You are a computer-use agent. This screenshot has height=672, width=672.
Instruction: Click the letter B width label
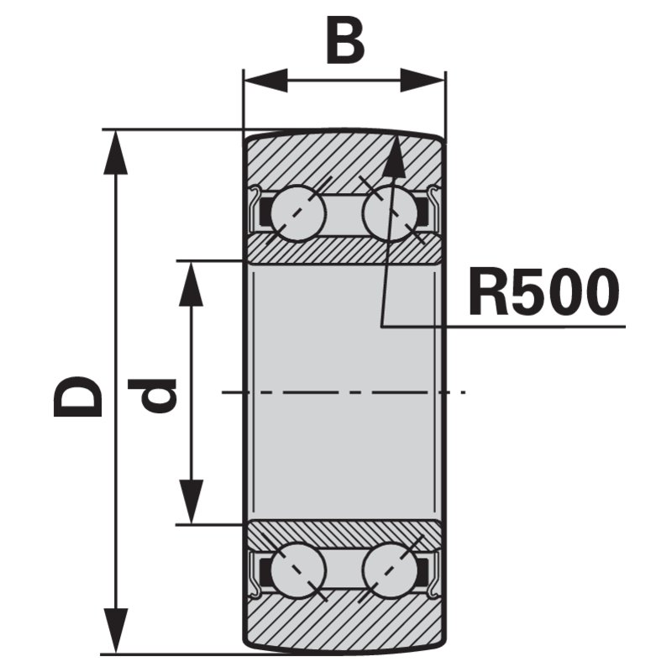pos(345,39)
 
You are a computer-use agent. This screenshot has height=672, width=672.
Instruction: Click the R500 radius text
pos(544,291)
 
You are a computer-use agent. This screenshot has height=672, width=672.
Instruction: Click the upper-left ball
pos(298,213)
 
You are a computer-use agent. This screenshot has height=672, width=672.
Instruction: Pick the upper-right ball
pos(390,213)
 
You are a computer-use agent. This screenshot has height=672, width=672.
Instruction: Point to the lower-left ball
pos(298,570)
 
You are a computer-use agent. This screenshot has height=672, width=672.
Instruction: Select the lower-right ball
pos(390,570)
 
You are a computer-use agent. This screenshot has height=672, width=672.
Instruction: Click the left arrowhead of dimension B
pos(265,80)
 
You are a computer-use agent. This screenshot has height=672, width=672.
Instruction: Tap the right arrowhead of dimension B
pos(423,80)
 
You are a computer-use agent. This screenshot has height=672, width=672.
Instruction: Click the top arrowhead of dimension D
pos(115,153)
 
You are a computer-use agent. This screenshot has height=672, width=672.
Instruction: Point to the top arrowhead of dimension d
pos(191,284)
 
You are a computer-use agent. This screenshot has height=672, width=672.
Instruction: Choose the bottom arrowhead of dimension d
pos(191,501)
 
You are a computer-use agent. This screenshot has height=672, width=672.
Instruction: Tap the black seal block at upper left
pos(265,212)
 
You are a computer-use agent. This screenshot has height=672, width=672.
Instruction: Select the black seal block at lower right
pos(423,571)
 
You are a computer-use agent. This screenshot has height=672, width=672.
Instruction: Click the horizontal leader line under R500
pos(503,326)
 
